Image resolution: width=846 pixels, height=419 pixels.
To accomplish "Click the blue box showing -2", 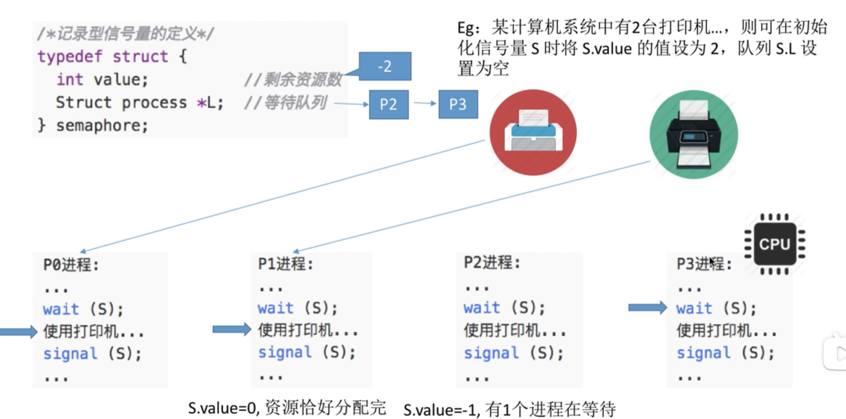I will [x=385, y=66].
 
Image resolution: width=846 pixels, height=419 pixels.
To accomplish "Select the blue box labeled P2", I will [x=388, y=105].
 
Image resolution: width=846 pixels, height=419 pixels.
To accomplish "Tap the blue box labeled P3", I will [x=458, y=105].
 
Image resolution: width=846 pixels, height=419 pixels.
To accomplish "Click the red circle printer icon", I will [x=533, y=132].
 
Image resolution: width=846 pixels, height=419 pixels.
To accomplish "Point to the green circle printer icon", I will [x=693, y=135].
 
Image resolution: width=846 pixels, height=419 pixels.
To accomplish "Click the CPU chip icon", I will [x=774, y=244].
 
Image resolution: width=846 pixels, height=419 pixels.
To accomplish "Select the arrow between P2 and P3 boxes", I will [x=425, y=103].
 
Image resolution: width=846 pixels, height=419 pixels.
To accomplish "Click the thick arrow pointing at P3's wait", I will [x=647, y=307].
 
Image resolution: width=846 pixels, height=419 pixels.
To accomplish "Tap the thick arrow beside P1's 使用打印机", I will [x=231, y=329].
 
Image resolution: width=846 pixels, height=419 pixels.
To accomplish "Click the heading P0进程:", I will [x=71, y=265].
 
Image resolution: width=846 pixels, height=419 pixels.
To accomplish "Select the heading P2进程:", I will [x=492, y=263].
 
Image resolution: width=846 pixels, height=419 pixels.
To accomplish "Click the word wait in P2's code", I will [x=481, y=308].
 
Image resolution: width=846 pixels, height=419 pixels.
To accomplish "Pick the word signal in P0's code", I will [x=70, y=354].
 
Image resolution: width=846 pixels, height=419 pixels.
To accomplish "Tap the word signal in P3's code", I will [x=703, y=353].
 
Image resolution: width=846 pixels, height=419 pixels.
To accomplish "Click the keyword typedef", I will [x=70, y=57].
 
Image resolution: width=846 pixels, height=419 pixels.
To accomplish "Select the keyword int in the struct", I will [x=69, y=79].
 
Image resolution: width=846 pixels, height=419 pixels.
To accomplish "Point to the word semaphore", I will [x=102, y=125].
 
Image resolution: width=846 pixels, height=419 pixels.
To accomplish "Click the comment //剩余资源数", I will [x=293, y=79].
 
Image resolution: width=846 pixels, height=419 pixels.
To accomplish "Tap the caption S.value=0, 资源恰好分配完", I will [x=287, y=408].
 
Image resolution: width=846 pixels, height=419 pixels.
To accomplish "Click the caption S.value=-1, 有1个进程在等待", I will [x=509, y=410].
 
